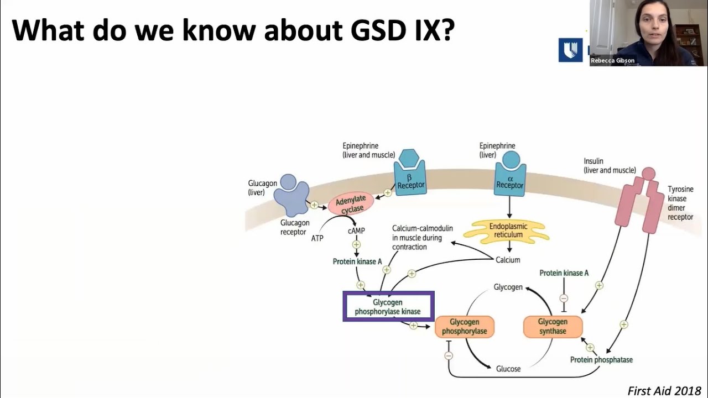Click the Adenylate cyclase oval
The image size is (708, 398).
(x=351, y=205)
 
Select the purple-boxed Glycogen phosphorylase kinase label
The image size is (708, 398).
(x=388, y=307)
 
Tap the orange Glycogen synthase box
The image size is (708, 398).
(x=553, y=326)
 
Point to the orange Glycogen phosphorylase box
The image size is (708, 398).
(x=464, y=326)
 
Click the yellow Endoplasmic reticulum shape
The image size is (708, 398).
(x=509, y=231)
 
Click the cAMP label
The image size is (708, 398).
(x=356, y=231)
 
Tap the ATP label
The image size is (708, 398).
(x=317, y=238)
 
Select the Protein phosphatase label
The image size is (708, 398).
(x=601, y=360)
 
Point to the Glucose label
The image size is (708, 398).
(x=508, y=369)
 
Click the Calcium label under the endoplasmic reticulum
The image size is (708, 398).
(x=508, y=260)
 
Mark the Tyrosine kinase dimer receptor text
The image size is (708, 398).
(x=680, y=203)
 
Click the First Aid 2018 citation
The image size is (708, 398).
(x=664, y=390)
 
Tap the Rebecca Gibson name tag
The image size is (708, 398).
(x=612, y=61)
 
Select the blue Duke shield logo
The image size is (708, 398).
(x=570, y=50)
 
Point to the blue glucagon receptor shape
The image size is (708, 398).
(x=293, y=195)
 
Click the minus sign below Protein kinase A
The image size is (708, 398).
(x=564, y=298)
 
